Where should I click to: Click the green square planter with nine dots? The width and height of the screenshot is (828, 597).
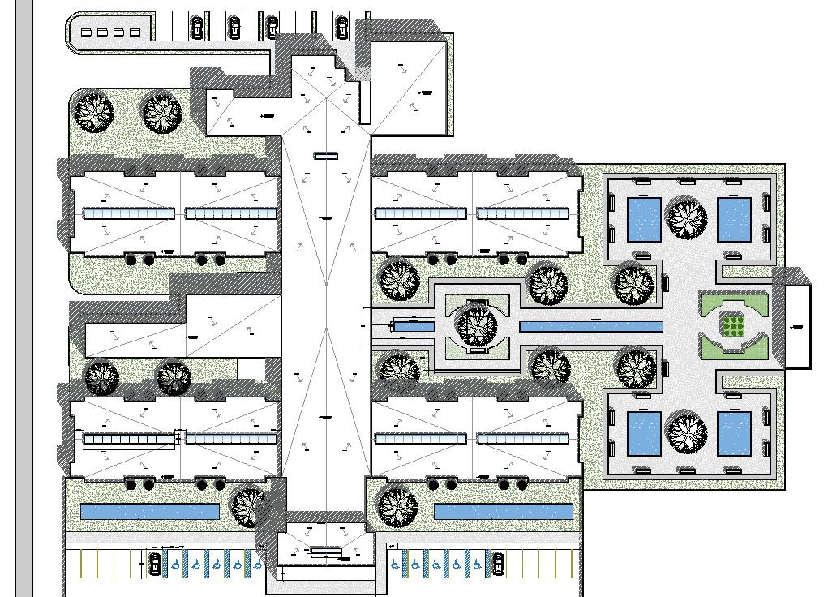(733, 326)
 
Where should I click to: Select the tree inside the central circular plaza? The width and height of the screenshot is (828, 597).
(475, 324)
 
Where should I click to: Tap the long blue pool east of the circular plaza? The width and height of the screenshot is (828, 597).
(590, 326)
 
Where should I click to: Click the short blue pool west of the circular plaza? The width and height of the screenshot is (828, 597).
(414, 326)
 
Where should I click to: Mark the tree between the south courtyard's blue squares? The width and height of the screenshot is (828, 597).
(686, 433)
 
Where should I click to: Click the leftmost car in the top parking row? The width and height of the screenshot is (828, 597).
(196, 28)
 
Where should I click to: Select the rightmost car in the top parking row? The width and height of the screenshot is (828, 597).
(341, 27)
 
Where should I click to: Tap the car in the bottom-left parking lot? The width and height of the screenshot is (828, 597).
(155, 562)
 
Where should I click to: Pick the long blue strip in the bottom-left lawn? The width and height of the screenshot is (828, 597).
(150, 512)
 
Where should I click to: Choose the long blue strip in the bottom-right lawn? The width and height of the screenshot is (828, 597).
(504, 512)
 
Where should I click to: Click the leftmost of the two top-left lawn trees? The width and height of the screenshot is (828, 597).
(95, 111)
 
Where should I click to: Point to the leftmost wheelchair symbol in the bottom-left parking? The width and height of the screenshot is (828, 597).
(175, 562)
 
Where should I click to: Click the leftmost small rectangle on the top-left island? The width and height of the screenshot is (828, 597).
(87, 32)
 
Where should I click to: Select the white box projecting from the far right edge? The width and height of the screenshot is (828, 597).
(798, 326)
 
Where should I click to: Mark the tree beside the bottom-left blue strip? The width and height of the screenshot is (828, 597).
(250, 506)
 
